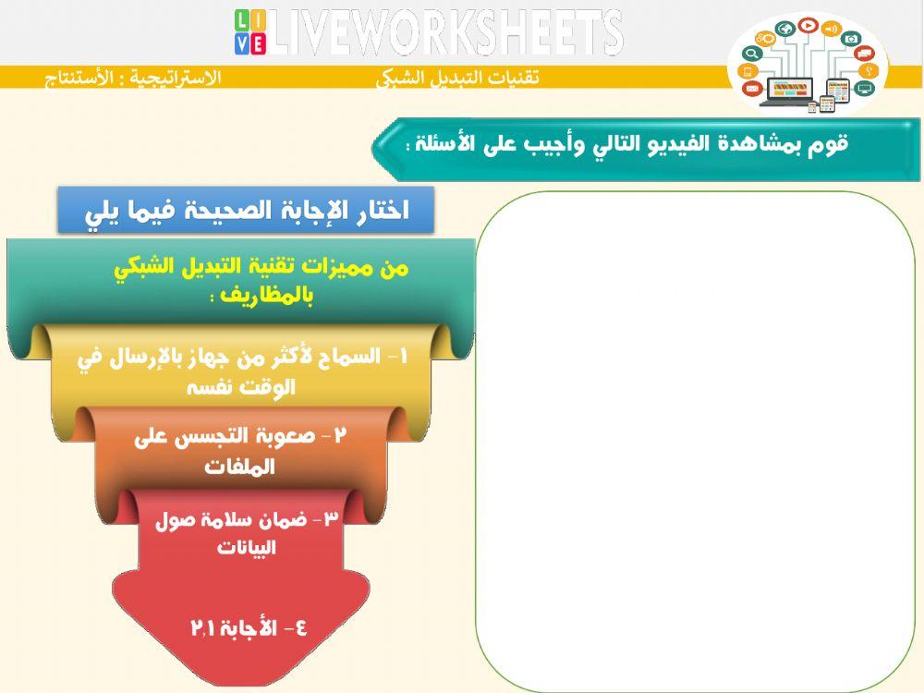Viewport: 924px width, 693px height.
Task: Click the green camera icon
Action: click(x=852, y=38)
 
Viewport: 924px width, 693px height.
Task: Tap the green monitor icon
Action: click(x=864, y=89)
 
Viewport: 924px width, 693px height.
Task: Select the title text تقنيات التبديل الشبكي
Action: click(x=456, y=79)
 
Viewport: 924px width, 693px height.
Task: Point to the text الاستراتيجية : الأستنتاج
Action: click(x=134, y=79)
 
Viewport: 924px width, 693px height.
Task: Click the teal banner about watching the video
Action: click(x=628, y=145)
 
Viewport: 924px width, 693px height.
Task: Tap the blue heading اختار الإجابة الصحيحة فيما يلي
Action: click(x=246, y=211)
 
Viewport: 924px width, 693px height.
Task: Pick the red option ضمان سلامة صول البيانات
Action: click(x=246, y=532)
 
